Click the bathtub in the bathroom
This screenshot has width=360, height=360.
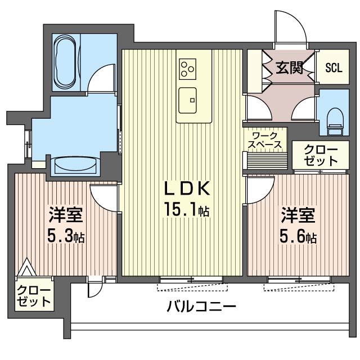66,62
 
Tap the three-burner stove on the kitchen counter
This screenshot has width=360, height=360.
187,69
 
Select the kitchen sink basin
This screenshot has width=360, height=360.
187,100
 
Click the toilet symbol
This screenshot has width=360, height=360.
335,121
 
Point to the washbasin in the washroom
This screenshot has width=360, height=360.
76,165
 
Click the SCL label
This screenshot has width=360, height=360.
334,67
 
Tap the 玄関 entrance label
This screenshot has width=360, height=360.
289,67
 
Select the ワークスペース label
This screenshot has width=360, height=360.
265,141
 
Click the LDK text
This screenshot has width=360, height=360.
187,188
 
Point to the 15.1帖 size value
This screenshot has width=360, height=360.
186,209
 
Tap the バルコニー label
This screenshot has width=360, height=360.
201,306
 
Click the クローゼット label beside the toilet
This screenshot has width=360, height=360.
321,156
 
